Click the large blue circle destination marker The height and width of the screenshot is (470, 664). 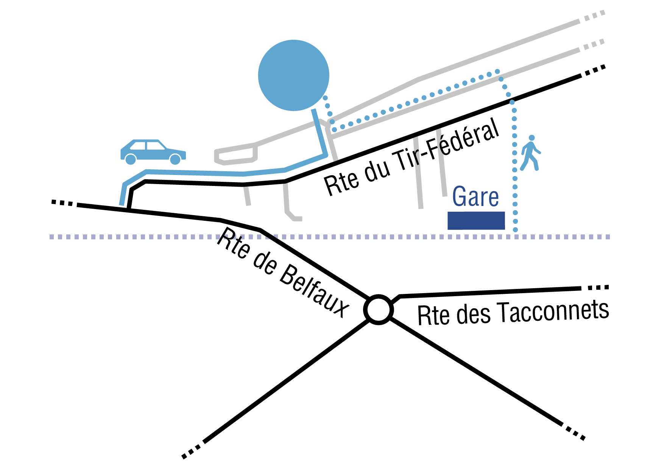pos(293,75)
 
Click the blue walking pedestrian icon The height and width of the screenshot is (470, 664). pos(531,153)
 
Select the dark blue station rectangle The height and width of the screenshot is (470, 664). pos(476,220)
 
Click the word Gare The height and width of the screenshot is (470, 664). pos(475,197)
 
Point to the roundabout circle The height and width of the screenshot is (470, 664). pos(378,310)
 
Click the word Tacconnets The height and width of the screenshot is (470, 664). pos(553,311)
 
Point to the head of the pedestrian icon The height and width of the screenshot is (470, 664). pos(532,138)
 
